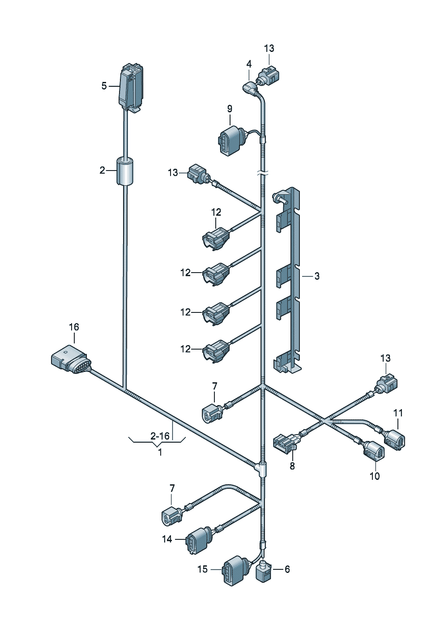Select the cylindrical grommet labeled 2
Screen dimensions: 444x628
click(125, 171)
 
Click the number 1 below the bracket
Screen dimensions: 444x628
click(160, 453)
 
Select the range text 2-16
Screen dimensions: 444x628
click(160, 436)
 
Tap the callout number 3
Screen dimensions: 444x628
click(317, 276)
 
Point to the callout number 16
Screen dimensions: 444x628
click(74, 327)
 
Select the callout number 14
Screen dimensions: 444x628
click(167, 539)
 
